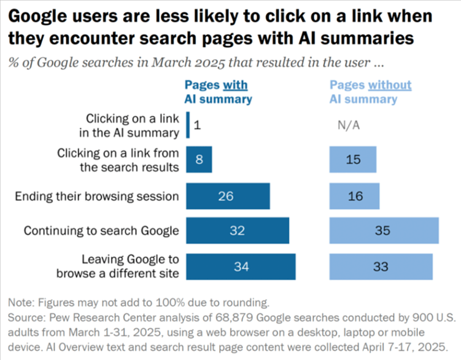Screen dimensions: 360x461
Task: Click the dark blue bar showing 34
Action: pyautogui.click(x=241, y=267)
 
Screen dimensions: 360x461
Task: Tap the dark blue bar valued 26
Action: pyautogui.click(x=228, y=197)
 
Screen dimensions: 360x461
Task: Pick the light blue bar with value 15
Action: pyautogui.click(x=354, y=160)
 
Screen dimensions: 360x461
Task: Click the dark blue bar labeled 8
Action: pyautogui.click(x=199, y=160)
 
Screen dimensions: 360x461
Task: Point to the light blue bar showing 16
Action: pyautogui.click(x=354, y=197)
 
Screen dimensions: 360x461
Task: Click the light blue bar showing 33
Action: pyautogui.click(x=381, y=267)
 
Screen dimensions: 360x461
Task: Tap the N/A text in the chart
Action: pyautogui.click(x=349, y=125)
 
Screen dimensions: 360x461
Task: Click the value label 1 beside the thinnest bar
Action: pyautogui.click(x=198, y=125)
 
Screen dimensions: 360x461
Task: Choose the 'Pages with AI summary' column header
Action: pyautogui.click(x=218, y=92)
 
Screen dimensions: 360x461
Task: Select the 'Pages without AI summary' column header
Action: pyautogui.click(x=370, y=92)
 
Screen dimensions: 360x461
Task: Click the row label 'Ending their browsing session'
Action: pyautogui.click(x=96, y=197)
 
